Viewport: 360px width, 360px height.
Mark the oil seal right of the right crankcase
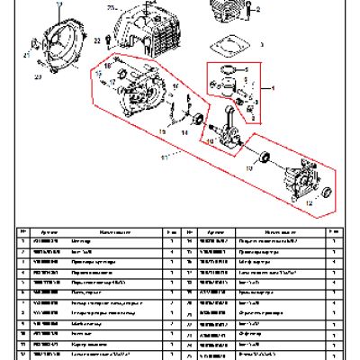tap(329, 193)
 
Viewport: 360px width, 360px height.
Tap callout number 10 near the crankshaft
tap(210, 142)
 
